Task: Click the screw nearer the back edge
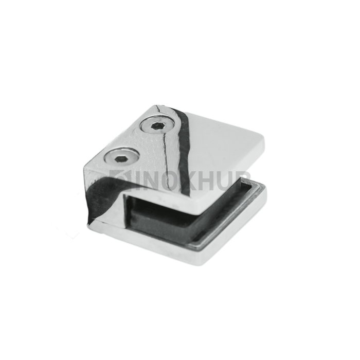pos(157,126)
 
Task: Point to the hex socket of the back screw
pos(157,126)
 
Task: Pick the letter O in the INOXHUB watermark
pos(168,181)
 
